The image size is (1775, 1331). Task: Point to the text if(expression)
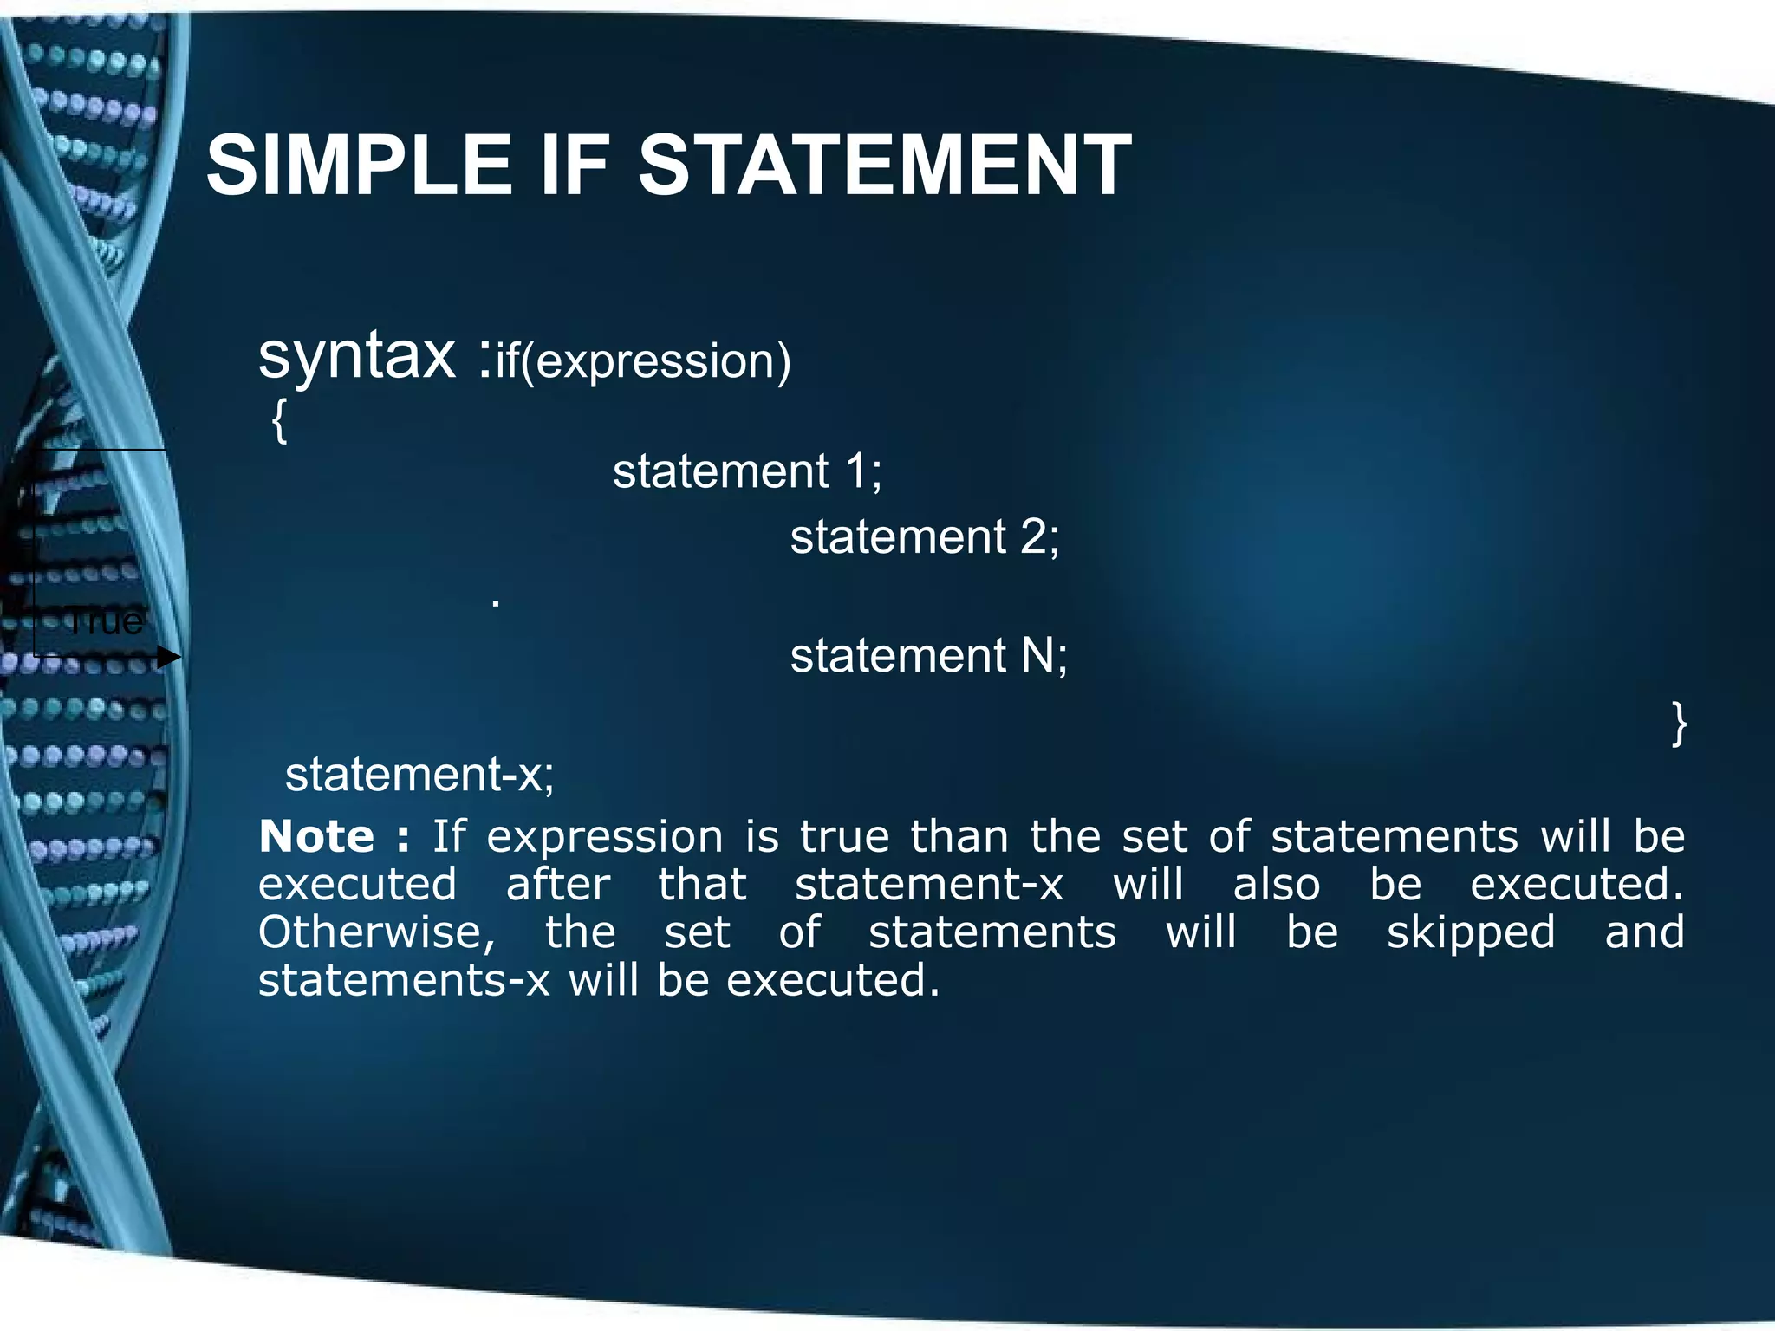point(643,360)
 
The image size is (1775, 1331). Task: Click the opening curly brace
point(278,422)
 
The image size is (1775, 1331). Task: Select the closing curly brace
point(1679,724)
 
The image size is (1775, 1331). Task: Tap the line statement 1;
point(747,471)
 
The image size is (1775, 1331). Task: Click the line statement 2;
point(924,536)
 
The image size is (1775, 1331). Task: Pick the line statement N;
point(928,655)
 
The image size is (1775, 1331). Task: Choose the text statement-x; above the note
point(419,774)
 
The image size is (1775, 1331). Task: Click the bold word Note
point(317,837)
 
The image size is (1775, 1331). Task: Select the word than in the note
point(959,837)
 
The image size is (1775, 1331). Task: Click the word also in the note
point(1277,885)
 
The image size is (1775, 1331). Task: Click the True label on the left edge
point(106,620)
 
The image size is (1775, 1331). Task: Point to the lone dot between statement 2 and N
point(496,601)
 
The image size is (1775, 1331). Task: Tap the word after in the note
point(558,885)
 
